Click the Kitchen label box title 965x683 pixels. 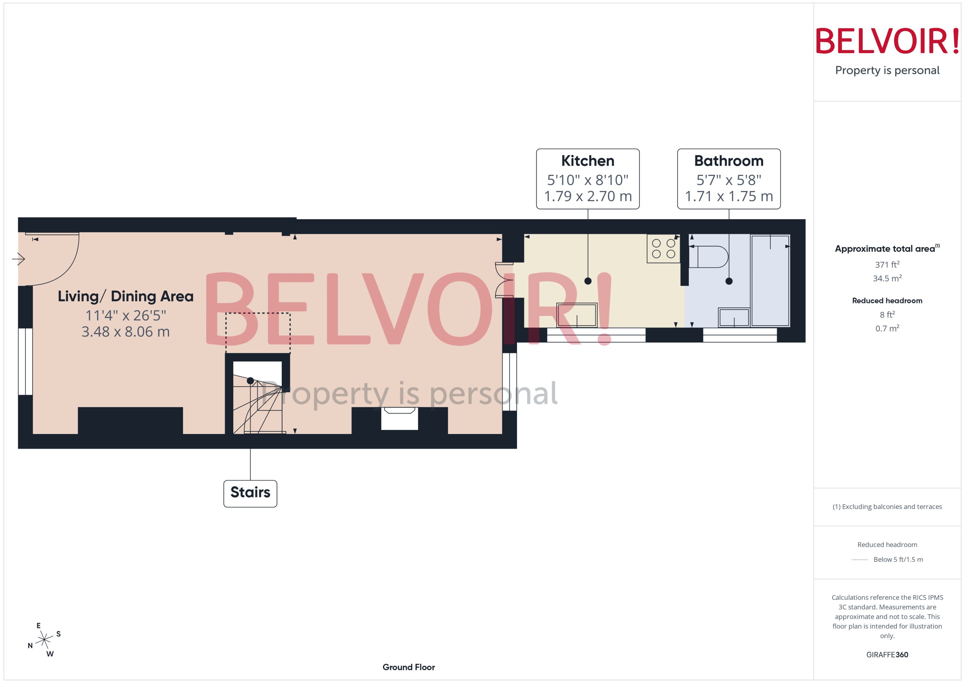(x=588, y=161)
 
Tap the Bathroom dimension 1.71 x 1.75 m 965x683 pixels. (x=729, y=196)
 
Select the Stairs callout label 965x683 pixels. (x=250, y=492)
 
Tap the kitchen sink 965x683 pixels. (x=577, y=315)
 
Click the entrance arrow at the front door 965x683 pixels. (x=18, y=259)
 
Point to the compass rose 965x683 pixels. (x=44, y=640)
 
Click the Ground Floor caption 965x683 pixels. (x=408, y=667)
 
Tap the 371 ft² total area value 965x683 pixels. (x=887, y=264)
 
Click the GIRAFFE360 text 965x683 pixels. (x=887, y=655)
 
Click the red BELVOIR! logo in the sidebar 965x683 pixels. (x=887, y=41)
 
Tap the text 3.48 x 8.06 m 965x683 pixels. (x=125, y=332)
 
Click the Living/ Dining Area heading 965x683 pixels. (x=125, y=296)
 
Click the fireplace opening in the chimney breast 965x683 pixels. (x=399, y=419)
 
